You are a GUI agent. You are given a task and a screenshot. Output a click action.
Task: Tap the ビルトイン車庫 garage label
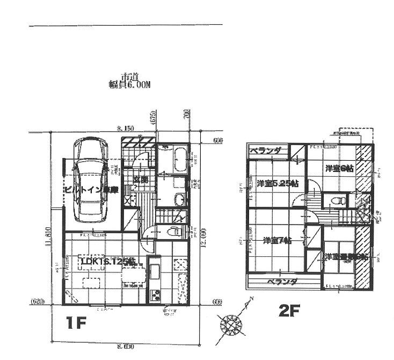click(x=91, y=190)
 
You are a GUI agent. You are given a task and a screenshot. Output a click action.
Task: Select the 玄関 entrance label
click(x=141, y=179)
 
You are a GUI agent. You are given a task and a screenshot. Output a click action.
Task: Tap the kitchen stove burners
click(x=154, y=295)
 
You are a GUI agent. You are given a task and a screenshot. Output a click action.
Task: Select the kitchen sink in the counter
click(x=154, y=272)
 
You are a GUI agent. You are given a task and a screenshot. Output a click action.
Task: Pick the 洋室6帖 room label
click(x=339, y=168)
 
